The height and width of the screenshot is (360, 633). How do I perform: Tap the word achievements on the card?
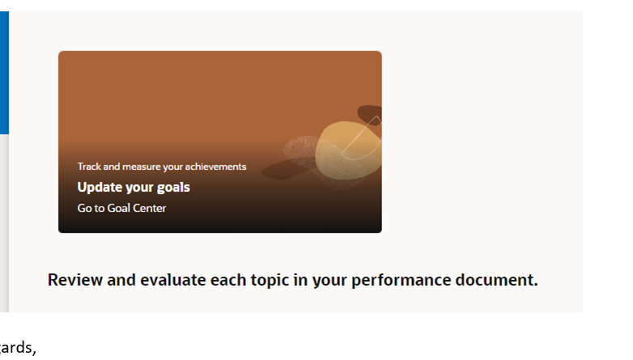216,167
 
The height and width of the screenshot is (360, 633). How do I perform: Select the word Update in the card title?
98,187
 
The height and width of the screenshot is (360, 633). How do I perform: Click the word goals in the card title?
172,187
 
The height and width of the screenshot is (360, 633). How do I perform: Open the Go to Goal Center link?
121,208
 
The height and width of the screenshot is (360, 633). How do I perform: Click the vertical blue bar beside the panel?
4,73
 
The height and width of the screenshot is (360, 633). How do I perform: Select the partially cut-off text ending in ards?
18,349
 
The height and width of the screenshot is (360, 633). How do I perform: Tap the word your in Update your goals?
138,187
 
